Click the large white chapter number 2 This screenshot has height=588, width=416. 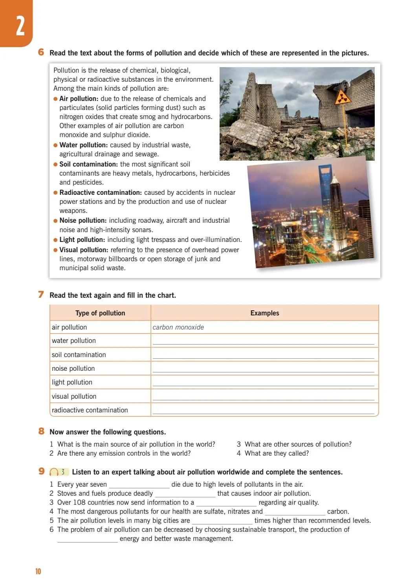20,26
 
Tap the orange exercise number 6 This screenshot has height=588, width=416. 41,52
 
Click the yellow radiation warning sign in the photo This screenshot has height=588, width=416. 343,97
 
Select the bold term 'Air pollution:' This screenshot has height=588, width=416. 79,99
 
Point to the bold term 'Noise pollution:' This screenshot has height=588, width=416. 83,220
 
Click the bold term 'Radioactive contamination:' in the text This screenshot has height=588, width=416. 100,192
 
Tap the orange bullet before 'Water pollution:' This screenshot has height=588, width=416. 55,145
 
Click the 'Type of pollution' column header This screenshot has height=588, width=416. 100,313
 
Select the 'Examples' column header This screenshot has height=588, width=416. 264,313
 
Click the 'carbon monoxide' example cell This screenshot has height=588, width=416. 178,327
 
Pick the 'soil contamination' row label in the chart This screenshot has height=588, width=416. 79,355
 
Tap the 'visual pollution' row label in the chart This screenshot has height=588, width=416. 74,396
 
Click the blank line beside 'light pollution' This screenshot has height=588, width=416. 263,383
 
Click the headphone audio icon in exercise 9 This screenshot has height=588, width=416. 54,472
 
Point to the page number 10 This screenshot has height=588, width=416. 38,571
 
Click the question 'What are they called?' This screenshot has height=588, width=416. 277,453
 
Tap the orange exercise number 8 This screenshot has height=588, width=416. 41,431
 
